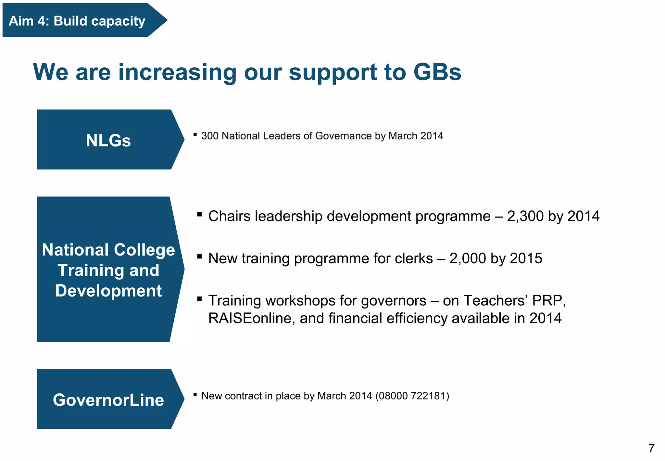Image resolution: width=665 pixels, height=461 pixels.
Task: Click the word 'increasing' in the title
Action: point(177,72)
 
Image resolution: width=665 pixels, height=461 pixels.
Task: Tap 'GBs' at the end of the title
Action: point(437,72)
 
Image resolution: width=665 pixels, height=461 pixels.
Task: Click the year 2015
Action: point(526,259)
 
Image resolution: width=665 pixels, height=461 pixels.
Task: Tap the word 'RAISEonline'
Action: point(251,319)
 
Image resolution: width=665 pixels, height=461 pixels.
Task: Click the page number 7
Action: point(651,448)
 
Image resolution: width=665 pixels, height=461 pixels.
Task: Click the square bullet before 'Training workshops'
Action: point(199,298)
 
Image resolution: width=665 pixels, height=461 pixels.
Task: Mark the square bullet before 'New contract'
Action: point(195,395)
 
